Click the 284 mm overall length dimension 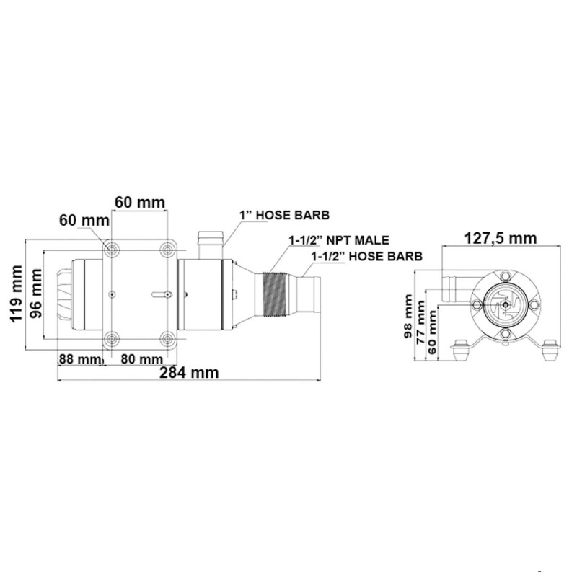point(190,373)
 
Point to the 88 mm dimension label point(78,358)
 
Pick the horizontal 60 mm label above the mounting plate point(140,201)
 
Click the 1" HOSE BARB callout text point(285,215)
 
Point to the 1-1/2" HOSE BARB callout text point(366,255)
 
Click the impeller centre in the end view point(507,304)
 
